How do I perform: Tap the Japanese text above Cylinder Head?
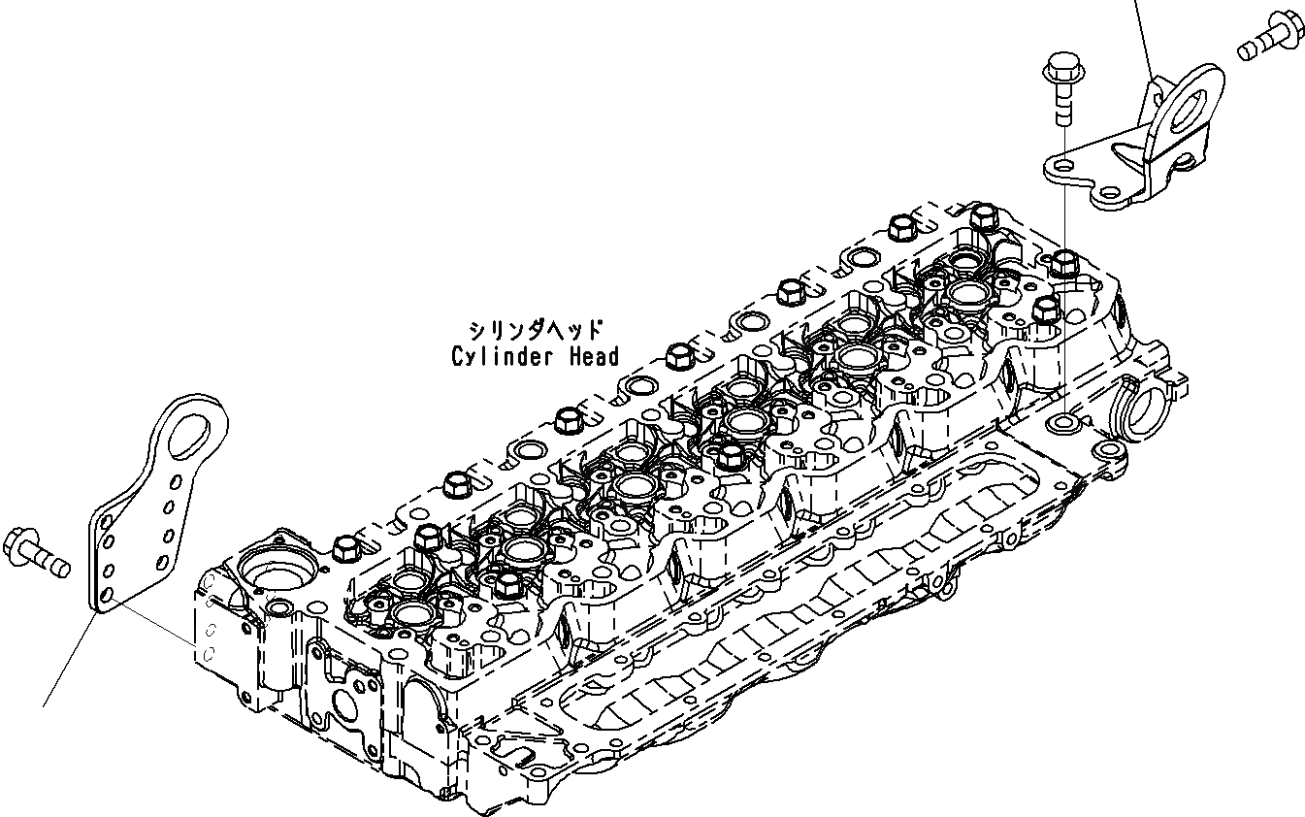tap(535, 330)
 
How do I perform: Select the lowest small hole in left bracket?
tap(109, 592)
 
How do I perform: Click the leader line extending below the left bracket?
tap(68, 660)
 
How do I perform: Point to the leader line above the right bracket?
tap(1142, 39)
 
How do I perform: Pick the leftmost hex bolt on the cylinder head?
tap(343, 550)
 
